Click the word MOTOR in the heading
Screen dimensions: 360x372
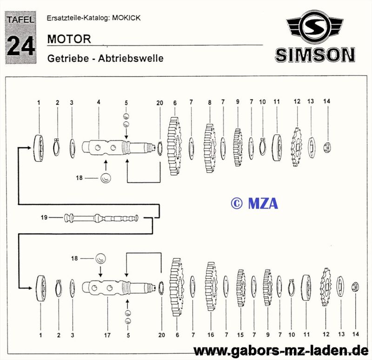coord(69,39)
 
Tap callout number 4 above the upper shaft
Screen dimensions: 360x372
coord(99,102)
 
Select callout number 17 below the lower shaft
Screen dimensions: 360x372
coord(107,334)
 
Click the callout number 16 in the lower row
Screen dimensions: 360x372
coord(211,334)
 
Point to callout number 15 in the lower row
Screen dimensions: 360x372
coord(240,334)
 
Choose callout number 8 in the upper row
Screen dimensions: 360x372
coord(210,102)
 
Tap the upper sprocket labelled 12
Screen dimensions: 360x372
coord(297,145)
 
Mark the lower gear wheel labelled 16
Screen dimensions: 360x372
coord(211,287)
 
